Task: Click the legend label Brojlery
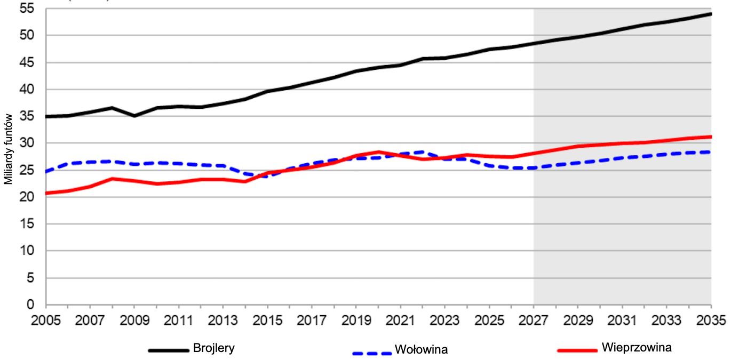213,348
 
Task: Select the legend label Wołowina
420,350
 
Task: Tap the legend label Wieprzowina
636,348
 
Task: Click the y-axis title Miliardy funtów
8,151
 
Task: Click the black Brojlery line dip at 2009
134,116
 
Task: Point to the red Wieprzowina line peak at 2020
378,152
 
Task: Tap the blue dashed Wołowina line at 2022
423,152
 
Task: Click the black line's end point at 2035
711,13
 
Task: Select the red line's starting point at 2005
46,193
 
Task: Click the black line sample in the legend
169,350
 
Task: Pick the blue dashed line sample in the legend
372,353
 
